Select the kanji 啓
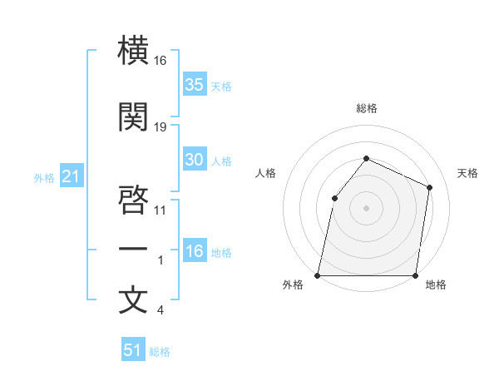pyautogui.click(x=133, y=200)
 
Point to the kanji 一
pyautogui.click(x=133, y=249)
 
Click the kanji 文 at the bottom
pyautogui.click(x=133, y=299)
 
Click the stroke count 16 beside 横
pyautogui.click(x=161, y=61)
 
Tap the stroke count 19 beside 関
pyautogui.click(x=161, y=127)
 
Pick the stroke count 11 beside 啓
pyautogui.click(x=161, y=210)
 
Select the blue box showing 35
pyautogui.click(x=195, y=85)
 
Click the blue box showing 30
pyautogui.click(x=195, y=160)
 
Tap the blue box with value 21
pyautogui.click(x=71, y=176)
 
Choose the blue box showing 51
pyautogui.click(x=133, y=350)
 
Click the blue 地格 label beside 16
pyautogui.click(x=221, y=253)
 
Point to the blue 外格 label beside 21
pyautogui.click(x=44, y=177)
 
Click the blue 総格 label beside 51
pyautogui.click(x=160, y=351)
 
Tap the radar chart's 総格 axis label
pyautogui.click(x=366, y=108)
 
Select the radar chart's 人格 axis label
pyautogui.click(x=266, y=173)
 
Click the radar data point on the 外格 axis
pyautogui.click(x=318, y=275)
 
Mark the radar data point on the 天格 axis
pyautogui.click(x=430, y=187)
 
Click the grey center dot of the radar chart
pyautogui.click(x=366, y=207)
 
